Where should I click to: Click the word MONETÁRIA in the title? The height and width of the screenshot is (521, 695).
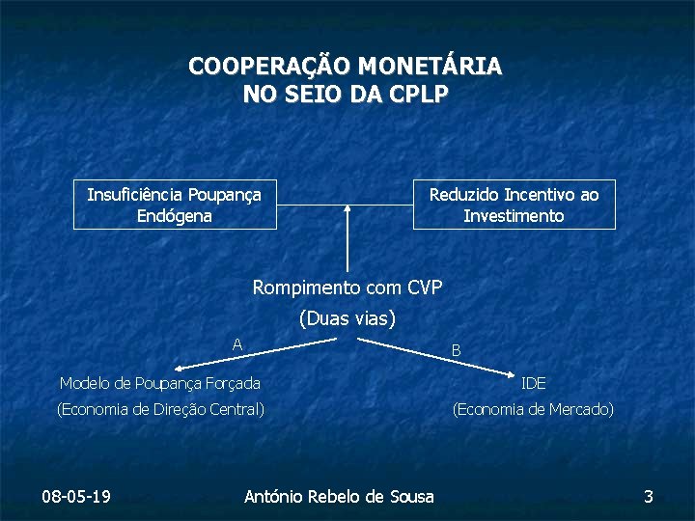coord(431,67)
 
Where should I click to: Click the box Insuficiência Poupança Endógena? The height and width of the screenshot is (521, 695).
coord(175,205)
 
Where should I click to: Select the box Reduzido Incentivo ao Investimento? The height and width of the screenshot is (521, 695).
coord(514,205)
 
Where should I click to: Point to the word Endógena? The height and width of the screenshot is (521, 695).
coord(175,216)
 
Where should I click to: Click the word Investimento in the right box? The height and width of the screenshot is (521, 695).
coord(514,216)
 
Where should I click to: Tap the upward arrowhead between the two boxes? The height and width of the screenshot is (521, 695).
coord(347,206)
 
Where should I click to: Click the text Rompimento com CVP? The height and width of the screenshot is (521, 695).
coord(347,287)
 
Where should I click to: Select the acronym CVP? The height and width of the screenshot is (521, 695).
coord(425,287)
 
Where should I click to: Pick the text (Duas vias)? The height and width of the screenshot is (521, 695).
coord(348,317)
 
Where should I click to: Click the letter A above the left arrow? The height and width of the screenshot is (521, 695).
coord(237,344)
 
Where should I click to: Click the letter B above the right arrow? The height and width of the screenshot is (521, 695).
coord(457,350)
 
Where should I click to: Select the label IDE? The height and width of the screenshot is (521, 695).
coord(533,384)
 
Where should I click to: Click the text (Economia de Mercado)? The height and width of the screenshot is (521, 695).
coord(533,409)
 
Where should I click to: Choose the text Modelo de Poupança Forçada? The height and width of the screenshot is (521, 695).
coord(159,384)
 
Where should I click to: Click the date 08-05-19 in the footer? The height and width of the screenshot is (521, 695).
coord(76,496)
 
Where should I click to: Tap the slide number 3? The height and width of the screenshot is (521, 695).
coord(649,496)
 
